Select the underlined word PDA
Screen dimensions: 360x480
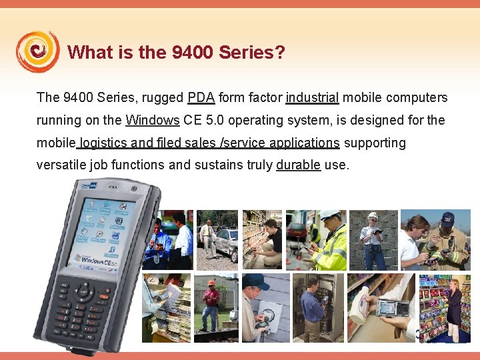pyautogui.click(x=201, y=98)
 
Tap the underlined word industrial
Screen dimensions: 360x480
pyautogui.click(x=313, y=98)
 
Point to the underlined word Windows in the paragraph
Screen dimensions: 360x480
pyautogui.click(x=153, y=121)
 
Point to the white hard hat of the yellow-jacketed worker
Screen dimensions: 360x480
pyautogui.click(x=329, y=215)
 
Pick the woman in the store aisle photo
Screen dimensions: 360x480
pyautogui.click(x=455, y=310)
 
